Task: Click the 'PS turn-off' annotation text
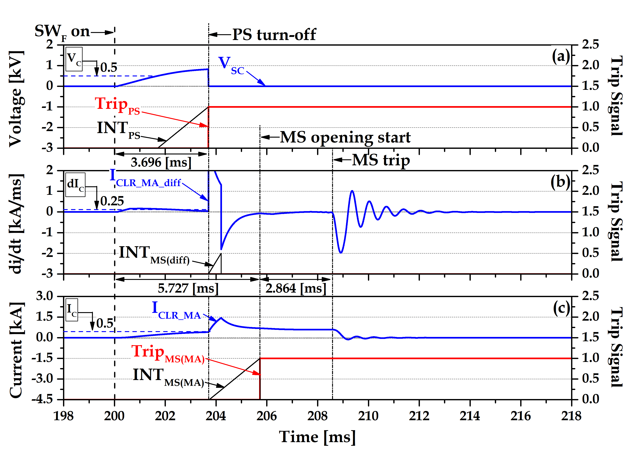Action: (x=274, y=35)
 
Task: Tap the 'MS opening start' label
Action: (x=345, y=137)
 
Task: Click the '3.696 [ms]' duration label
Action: (x=161, y=162)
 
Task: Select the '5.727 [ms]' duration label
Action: (x=188, y=288)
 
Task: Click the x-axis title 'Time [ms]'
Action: (x=317, y=437)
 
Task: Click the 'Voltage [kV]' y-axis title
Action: (x=16, y=99)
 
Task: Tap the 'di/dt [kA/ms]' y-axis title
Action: (x=16, y=224)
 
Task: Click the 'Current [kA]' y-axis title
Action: (x=16, y=350)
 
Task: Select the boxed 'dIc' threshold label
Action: (x=75, y=185)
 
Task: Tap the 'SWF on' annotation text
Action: (x=62, y=32)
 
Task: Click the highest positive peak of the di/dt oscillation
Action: (x=352, y=191)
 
